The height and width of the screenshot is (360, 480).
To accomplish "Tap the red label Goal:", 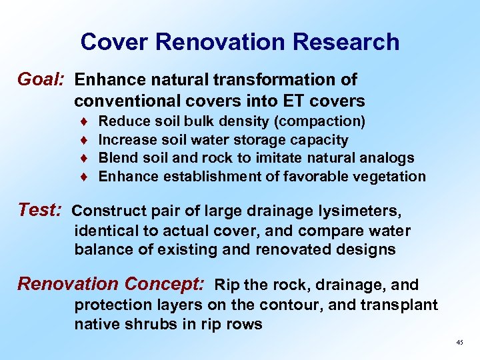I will click(41, 80).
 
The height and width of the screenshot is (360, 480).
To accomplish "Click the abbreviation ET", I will click(295, 101).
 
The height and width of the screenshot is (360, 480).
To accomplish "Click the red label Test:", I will click(39, 211).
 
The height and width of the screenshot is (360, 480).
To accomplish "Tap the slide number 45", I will click(459, 342).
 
